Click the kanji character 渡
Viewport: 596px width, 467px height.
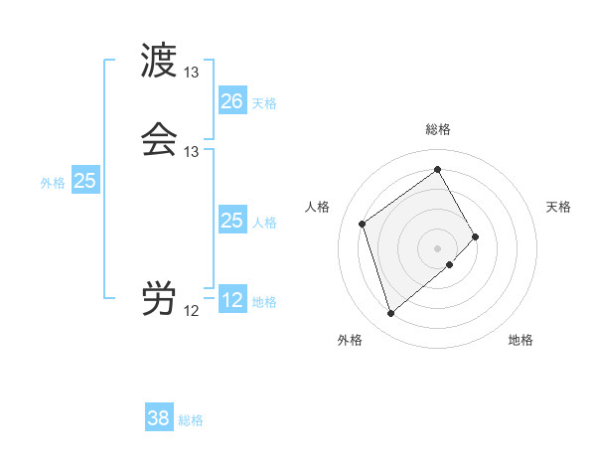[x=159, y=61]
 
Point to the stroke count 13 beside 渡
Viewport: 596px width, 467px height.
[x=191, y=73]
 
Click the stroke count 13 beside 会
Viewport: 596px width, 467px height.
[x=191, y=152]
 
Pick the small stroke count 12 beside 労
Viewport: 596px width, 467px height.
[x=191, y=311]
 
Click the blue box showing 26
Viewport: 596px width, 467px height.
[x=231, y=101]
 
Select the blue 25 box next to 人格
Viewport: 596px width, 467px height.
[x=231, y=221]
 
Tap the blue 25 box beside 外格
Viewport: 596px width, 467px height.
[x=85, y=181]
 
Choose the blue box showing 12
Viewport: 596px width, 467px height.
[x=231, y=300]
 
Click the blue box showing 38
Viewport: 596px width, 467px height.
[x=159, y=418]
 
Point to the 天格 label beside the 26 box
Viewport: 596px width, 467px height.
[x=264, y=102]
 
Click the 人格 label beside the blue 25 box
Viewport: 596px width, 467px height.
[x=264, y=222]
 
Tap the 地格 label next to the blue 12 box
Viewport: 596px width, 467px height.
[x=264, y=302]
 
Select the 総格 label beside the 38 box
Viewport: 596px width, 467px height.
[x=191, y=420]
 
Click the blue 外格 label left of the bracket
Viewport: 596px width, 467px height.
[x=52, y=183]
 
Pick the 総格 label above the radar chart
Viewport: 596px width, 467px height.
[x=438, y=129]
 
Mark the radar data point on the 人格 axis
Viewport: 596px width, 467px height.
[x=363, y=224]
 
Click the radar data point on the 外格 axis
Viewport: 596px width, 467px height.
[x=390, y=314]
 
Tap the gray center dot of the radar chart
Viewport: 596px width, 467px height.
[x=438, y=247]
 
